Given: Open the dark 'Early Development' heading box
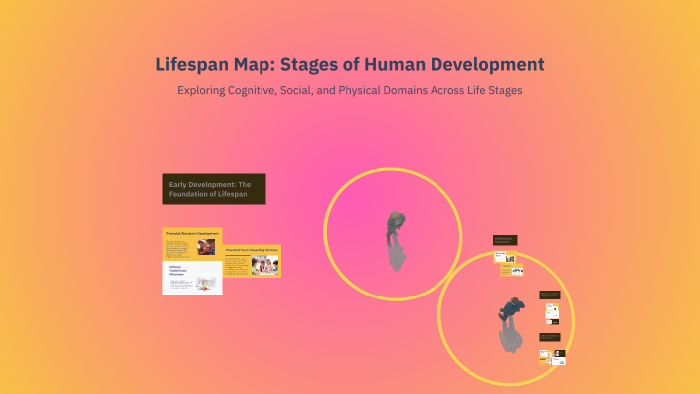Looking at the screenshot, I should tap(214, 189).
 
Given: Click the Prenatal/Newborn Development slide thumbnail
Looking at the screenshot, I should tap(192, 245).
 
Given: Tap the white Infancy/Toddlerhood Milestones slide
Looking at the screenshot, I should tap(192, 279).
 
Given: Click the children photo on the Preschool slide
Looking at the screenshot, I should tap(265, 265).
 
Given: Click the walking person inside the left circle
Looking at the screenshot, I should tap(395, 239).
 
